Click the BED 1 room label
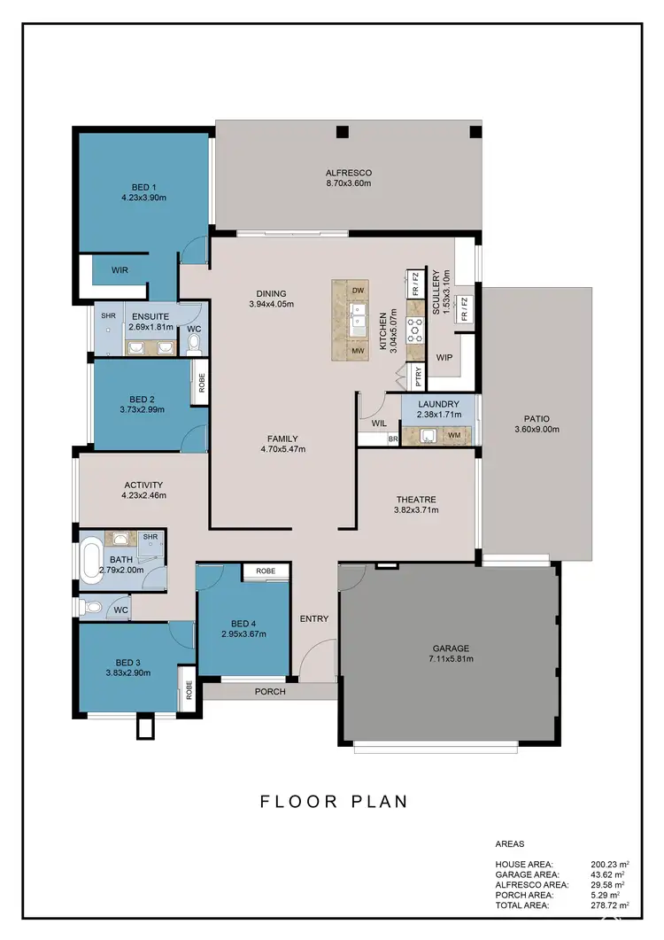143,186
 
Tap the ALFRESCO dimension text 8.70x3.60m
348,183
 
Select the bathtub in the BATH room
92,560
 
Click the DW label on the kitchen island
359,291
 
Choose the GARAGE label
451,648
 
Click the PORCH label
270,692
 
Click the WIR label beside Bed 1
121,270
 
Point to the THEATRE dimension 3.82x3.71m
416,509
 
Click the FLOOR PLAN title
334,802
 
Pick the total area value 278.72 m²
609,905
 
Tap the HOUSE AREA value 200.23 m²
609,863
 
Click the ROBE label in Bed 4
266,571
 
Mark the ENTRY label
314,618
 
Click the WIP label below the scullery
444,358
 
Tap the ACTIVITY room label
143,485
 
